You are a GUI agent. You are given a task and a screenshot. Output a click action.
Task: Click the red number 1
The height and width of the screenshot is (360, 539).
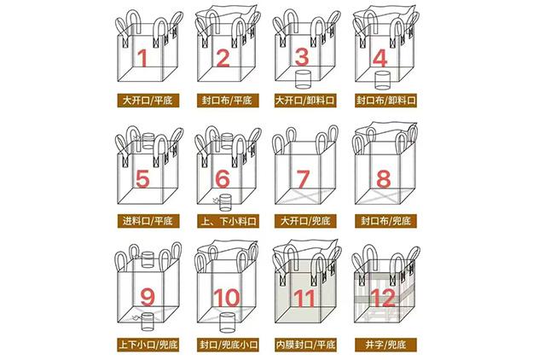[142, 58]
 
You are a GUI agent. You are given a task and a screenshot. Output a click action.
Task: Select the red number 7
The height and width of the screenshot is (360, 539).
[303, 179]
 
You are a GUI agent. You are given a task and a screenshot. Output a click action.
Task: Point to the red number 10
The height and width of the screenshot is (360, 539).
[227, 298]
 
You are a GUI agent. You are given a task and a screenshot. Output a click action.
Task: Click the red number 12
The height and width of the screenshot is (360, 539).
[384, 298]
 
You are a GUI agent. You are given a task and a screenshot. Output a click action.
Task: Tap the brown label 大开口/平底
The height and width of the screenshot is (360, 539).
[148, 101]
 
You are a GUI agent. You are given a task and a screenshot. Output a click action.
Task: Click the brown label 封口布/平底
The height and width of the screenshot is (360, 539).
[228, 101]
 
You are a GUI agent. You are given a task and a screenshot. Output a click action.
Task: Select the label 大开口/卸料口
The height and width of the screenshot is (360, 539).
[305, 101]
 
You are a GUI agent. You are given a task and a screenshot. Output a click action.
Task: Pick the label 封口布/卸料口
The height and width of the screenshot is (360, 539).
[385, 101]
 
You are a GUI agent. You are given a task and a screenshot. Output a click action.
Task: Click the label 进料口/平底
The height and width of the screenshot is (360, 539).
[148, 221]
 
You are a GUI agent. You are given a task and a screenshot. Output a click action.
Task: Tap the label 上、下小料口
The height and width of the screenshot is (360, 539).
[228, 221]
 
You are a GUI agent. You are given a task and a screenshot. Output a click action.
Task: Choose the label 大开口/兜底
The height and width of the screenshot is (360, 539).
[305, 221]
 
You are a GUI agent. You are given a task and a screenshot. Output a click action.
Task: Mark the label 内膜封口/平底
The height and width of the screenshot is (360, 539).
[305, 345]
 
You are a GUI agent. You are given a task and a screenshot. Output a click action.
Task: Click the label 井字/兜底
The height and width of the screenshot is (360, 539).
[385, 345]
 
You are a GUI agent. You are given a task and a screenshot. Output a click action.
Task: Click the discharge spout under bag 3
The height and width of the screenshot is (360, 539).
[304, 79]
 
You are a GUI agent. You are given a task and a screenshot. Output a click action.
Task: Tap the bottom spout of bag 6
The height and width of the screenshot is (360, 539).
[225, 203]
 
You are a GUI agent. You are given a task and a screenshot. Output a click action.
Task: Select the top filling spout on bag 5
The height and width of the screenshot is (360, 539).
[148, 141]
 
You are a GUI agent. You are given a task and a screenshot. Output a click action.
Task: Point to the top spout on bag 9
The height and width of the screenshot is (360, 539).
[148, 259]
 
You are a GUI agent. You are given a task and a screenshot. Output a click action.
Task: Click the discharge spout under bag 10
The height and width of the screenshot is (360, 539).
[227, 322]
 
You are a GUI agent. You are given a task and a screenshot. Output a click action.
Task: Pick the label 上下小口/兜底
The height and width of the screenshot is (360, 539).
[148, 345]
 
